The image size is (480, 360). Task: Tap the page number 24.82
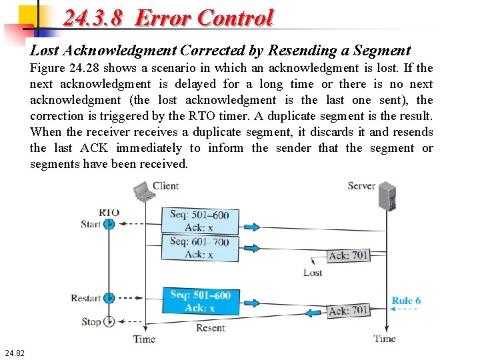point(14,352)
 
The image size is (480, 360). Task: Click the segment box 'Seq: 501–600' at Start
point(200,221)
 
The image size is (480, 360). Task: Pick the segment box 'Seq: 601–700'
point(199,247)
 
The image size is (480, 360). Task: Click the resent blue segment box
point(201,301)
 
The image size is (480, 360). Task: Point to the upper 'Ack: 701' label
point(349,256)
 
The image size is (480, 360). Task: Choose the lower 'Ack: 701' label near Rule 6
point(348,311)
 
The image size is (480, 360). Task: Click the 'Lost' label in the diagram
point(313,273)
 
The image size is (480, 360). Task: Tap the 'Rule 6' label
point(406,301)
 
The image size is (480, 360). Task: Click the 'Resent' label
point(211,327)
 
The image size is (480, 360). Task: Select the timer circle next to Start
point(109,224)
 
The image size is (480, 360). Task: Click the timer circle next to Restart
point(109,298)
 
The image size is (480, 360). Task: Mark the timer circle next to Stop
point(109,321)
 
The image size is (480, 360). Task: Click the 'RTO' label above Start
point(109,213)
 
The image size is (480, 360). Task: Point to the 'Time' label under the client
point(144,339)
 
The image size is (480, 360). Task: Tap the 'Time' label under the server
point(385,339)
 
